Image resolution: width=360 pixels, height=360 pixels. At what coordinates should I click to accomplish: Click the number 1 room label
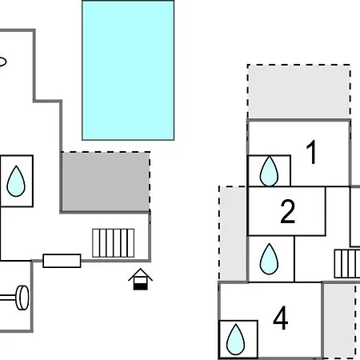(x=311, y=152)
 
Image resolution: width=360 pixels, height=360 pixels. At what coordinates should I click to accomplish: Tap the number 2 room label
(x=288, y=211)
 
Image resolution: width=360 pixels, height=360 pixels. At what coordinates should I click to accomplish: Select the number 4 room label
(x=281, y=318)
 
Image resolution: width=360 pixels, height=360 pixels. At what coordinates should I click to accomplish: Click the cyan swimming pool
(x=128, y=70)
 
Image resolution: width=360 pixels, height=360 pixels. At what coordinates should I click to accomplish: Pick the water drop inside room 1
(x=269, y=171)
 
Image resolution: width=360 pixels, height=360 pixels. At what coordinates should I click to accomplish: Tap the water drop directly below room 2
(x=269, y=259)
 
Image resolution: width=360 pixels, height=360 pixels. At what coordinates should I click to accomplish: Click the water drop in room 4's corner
(x=236, y=339)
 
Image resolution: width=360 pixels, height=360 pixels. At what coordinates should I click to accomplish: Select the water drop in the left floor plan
(x=16, y=181)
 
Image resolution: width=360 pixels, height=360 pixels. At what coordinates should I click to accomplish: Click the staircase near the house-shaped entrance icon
(x=114, y=243)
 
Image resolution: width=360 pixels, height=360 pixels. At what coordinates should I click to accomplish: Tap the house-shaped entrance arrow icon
(x=140, y=279)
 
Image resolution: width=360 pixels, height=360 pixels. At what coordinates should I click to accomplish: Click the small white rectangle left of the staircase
(x=62, y=261)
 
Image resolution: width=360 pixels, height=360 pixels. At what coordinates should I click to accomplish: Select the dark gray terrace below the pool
(x=106, y=182)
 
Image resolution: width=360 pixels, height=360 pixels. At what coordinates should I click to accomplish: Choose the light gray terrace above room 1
(x=298, y=92)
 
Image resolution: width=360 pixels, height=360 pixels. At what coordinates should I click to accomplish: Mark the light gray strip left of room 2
(x=233, y=234)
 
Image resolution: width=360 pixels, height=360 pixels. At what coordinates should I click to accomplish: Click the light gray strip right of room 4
(x=339, y=321)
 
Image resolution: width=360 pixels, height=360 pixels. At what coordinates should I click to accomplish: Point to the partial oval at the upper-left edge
(x=3, y=62)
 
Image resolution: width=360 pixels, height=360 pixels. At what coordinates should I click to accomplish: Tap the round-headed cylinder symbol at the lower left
(x=16, y=298)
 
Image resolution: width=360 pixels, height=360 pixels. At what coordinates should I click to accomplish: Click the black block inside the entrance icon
(x=140, y=286)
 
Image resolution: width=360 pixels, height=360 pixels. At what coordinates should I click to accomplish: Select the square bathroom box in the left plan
(x=17, y=181)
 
